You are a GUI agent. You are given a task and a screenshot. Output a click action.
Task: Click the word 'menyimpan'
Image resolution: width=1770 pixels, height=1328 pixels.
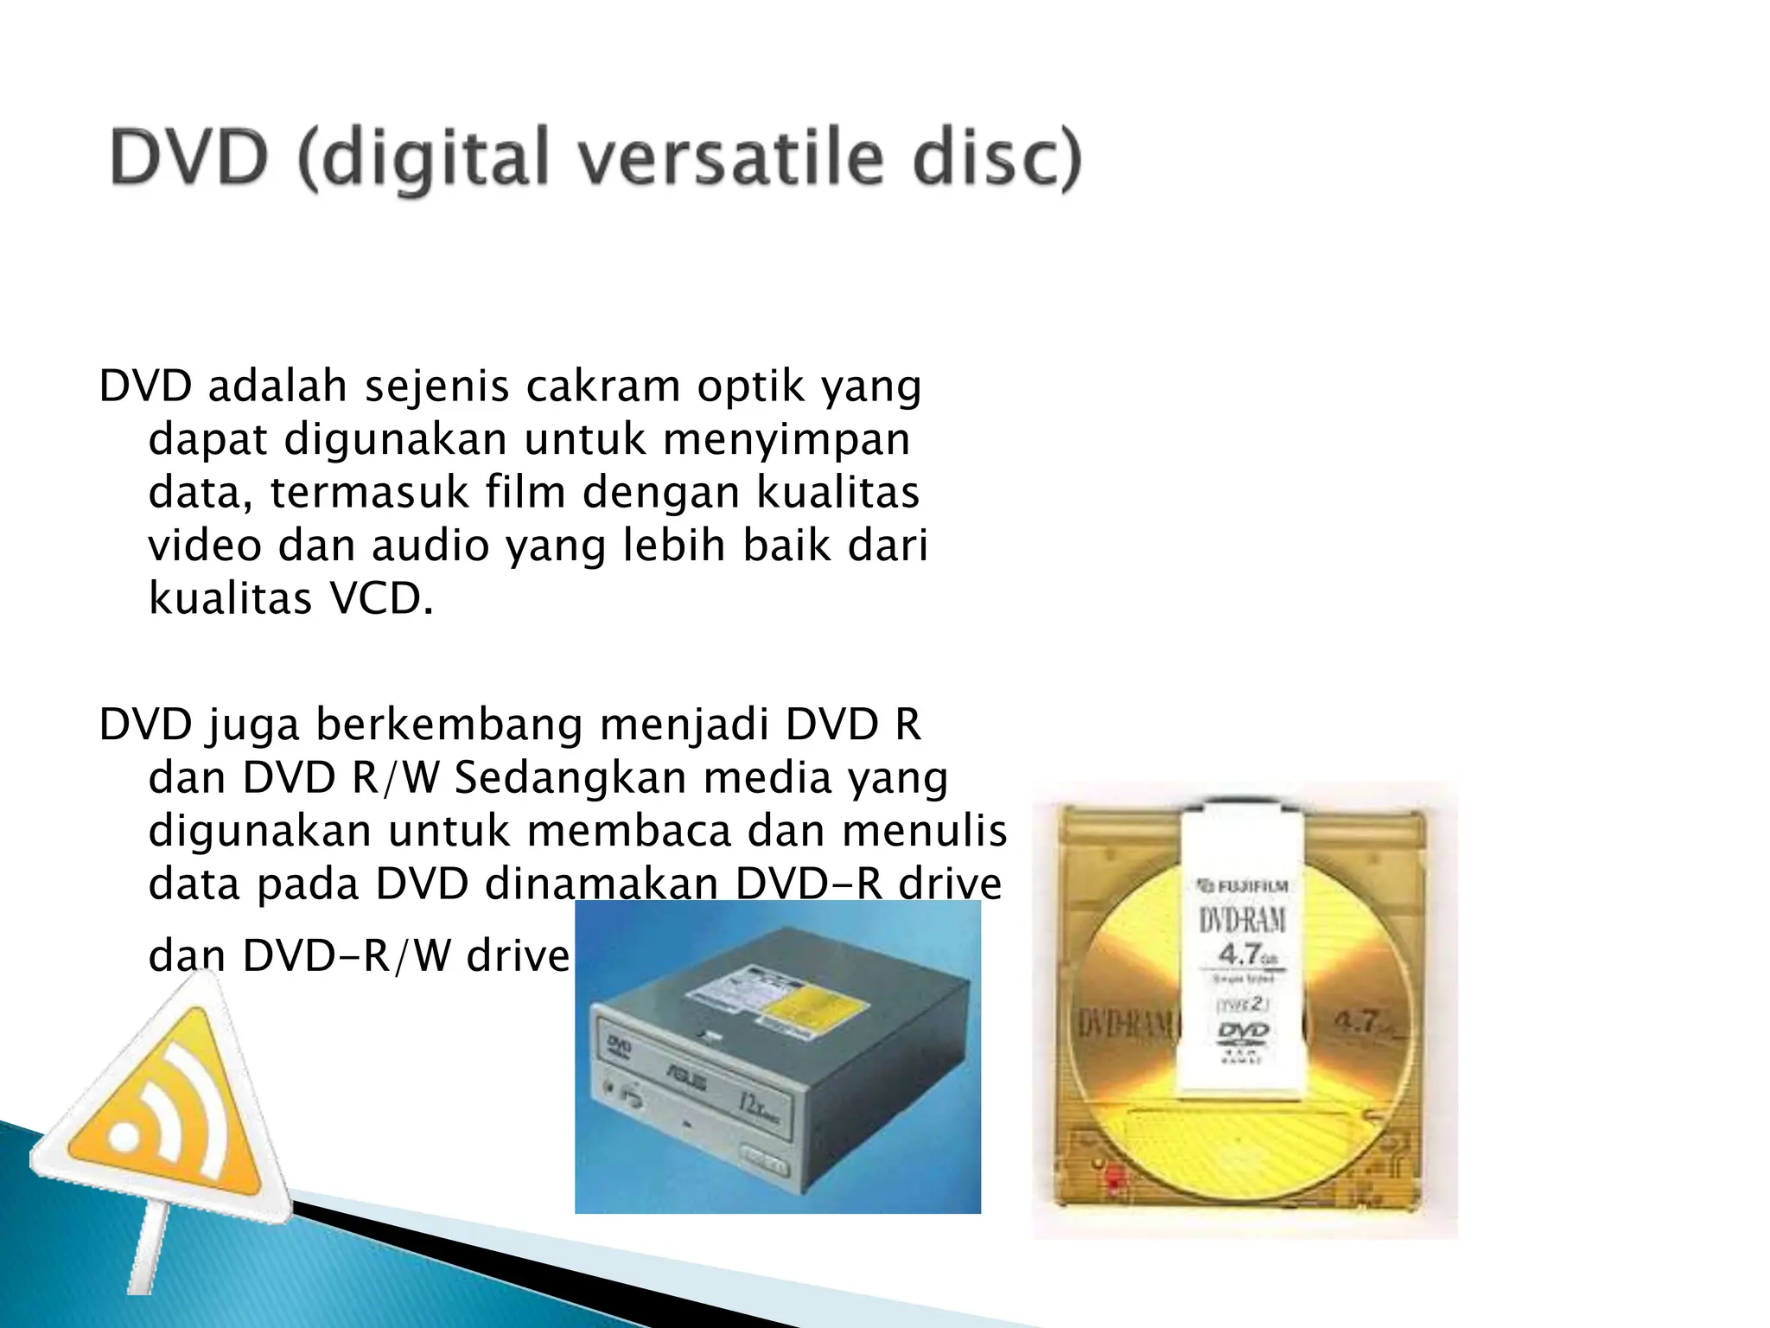click(x=786, y=439)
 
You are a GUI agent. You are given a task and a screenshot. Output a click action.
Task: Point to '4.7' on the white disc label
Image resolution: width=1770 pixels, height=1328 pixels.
click(x=1238, y=954)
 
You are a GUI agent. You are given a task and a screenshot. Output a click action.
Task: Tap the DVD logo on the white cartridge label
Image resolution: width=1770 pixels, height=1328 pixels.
click(x=1243, y=1031)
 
